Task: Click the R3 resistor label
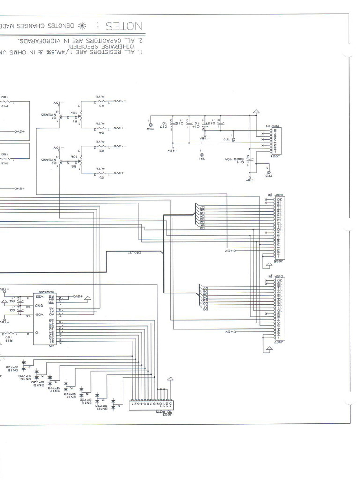click(101, 107)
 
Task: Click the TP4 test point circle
click(151, 127)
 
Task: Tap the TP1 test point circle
click(202, 154)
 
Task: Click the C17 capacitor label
click(164, 126)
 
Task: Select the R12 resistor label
click(5, 106)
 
